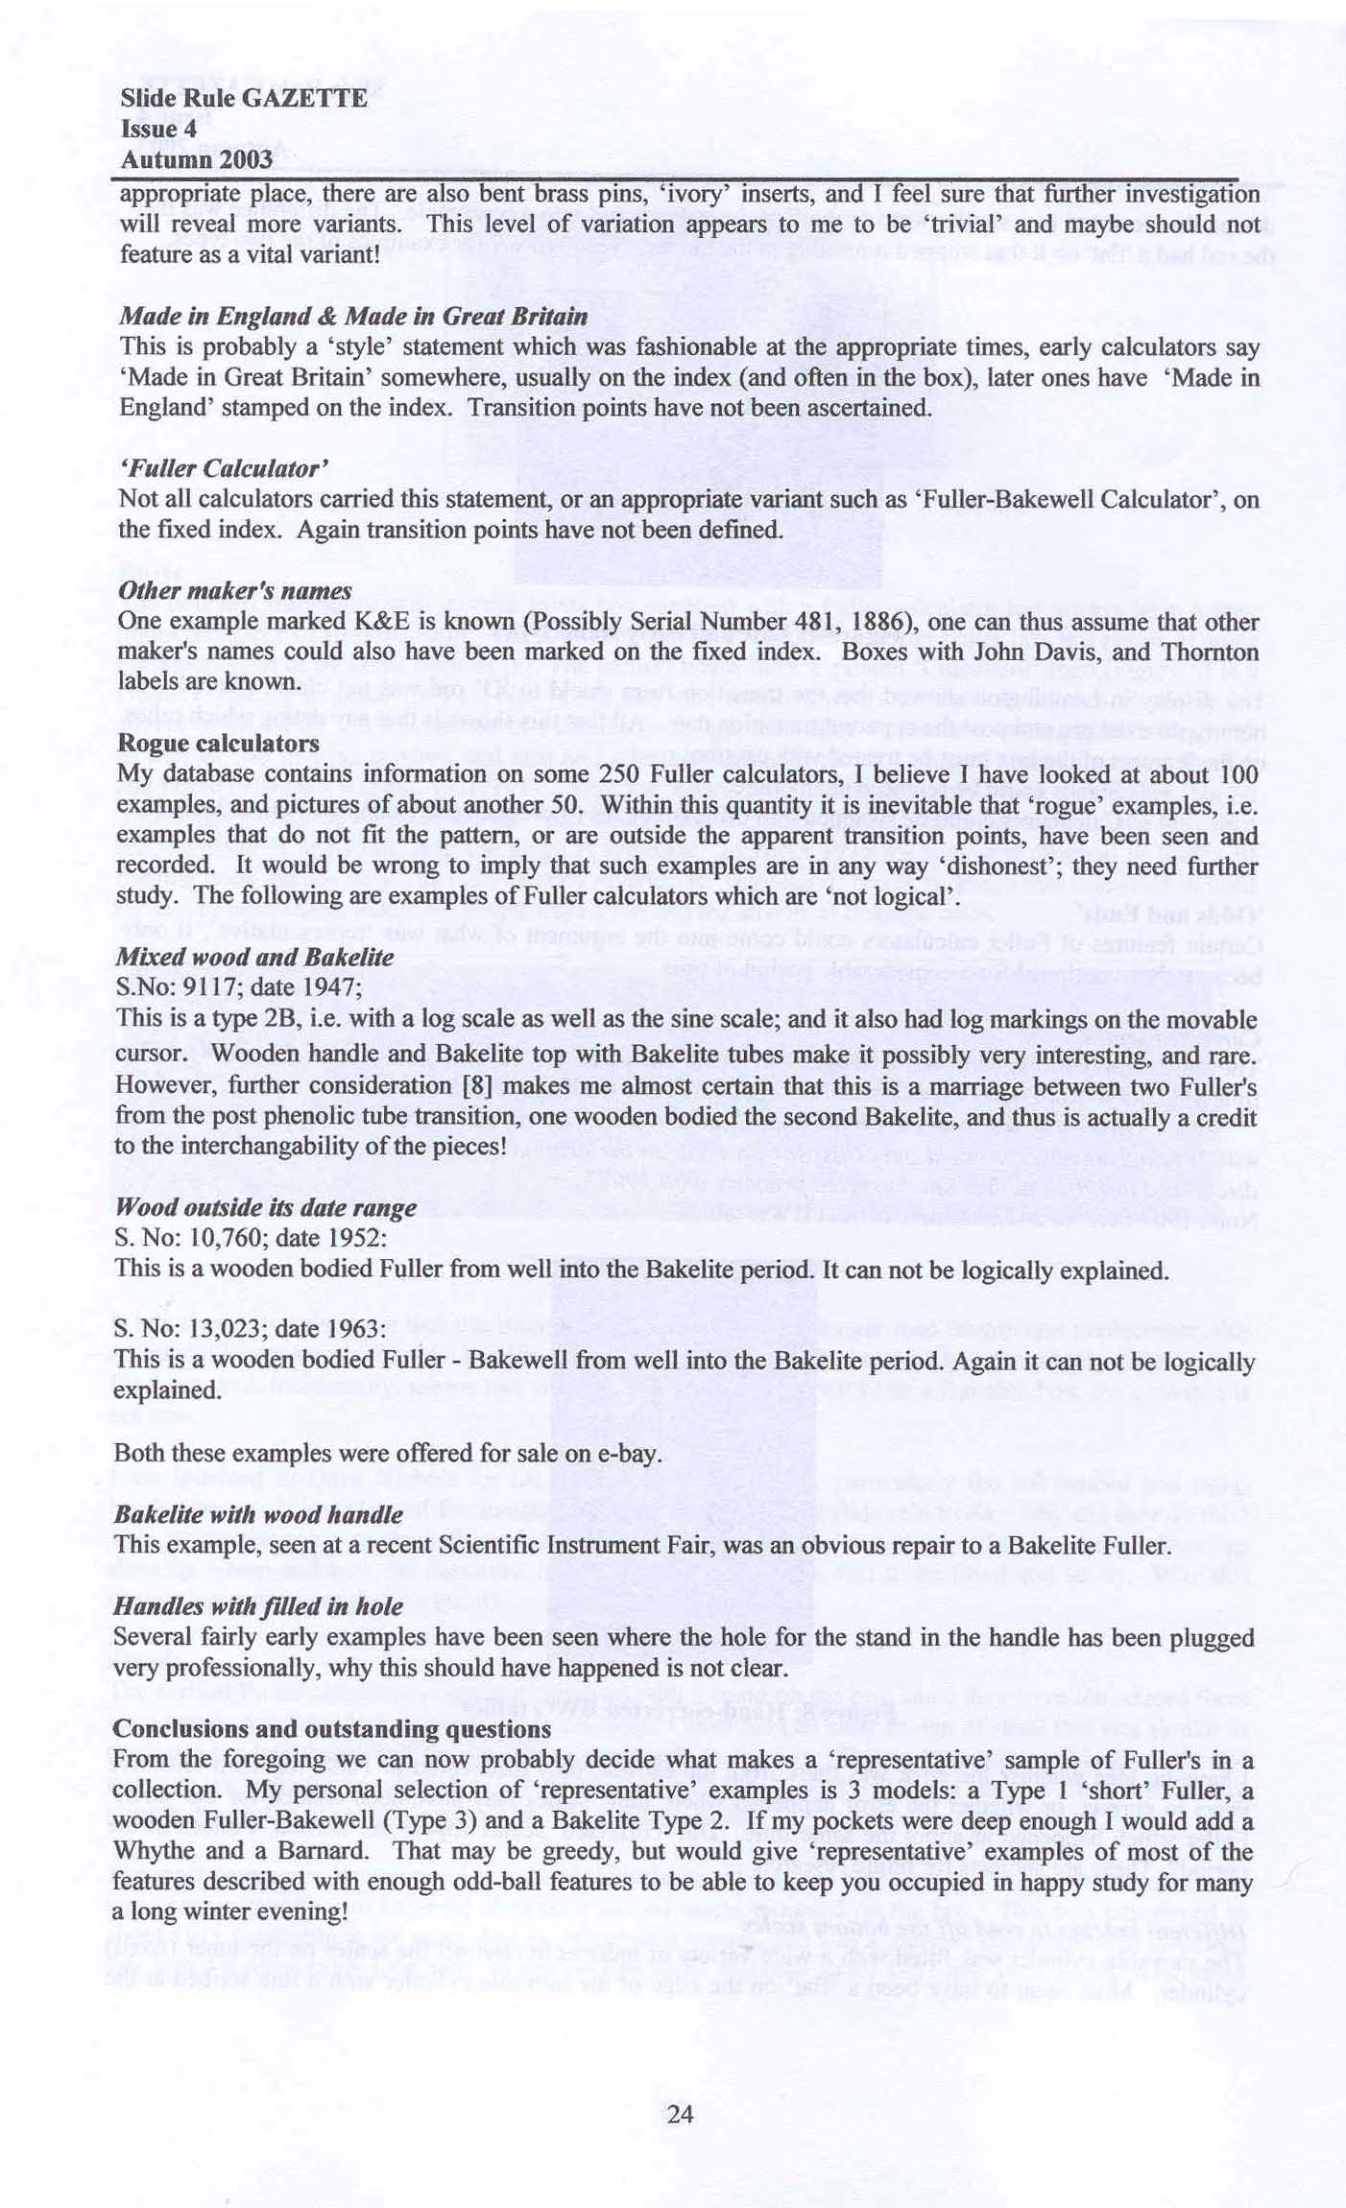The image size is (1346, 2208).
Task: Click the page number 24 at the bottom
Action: point(680,2113)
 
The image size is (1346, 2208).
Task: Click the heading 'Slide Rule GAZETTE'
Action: point(244,98)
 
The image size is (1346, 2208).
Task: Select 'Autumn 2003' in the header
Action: point(196,159)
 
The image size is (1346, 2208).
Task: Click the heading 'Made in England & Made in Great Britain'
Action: point(353,316)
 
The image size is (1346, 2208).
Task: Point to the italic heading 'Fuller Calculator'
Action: point(225,468)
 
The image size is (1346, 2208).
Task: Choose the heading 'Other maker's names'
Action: point(235,590)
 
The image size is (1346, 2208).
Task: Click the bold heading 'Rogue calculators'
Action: point(218,743)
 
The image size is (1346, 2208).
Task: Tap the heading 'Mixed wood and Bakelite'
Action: point(254,957)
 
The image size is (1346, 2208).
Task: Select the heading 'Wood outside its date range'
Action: point(266,1207)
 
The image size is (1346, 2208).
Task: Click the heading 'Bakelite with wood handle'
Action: point(258,1514)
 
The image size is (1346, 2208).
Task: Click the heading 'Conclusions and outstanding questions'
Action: point(332,1728)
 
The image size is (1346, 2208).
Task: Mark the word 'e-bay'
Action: point(630,1453)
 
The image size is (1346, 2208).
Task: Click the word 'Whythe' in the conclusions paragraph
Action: point(152,1850)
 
